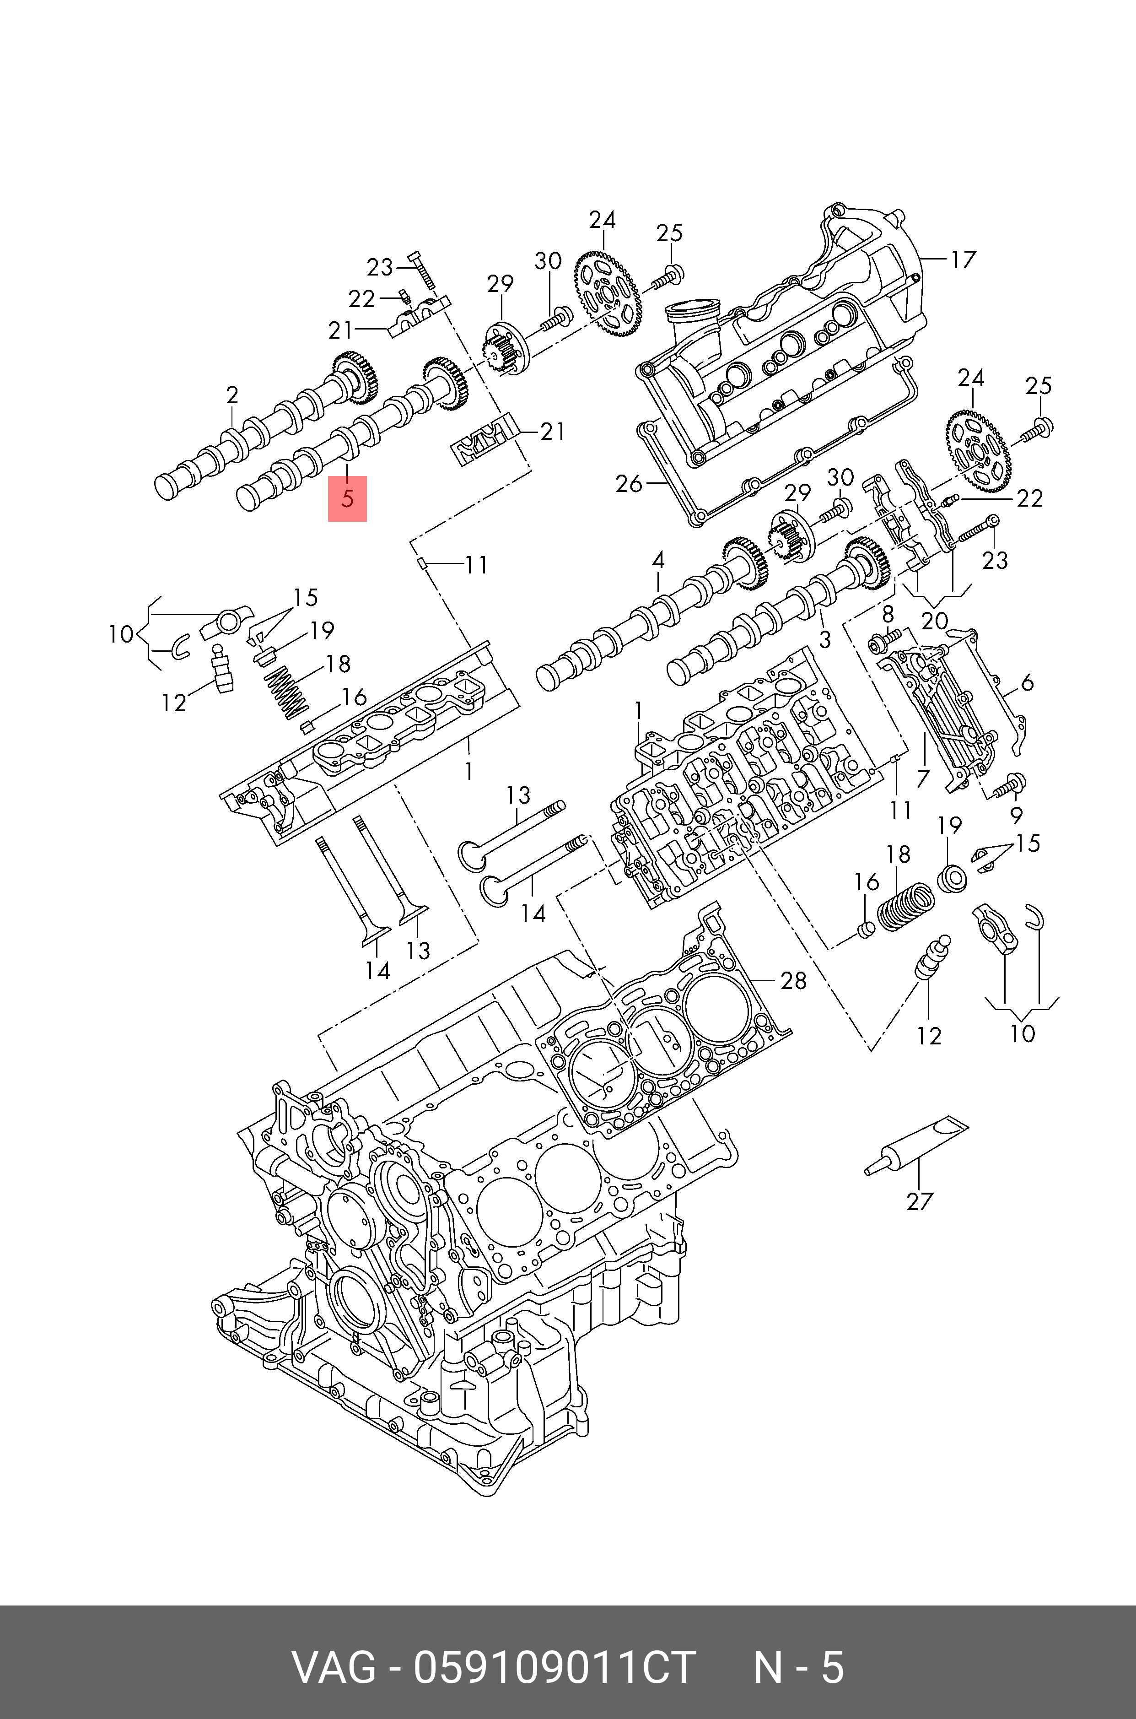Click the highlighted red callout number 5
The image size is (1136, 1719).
click(x=348, y=498)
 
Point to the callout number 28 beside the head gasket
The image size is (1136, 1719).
click(x=793, y=980)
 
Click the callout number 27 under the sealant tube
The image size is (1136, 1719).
click(x=920, y=1201)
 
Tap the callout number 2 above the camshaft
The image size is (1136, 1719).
click(x=232, y=395)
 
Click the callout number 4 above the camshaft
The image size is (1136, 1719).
click(x=658, y=560)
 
